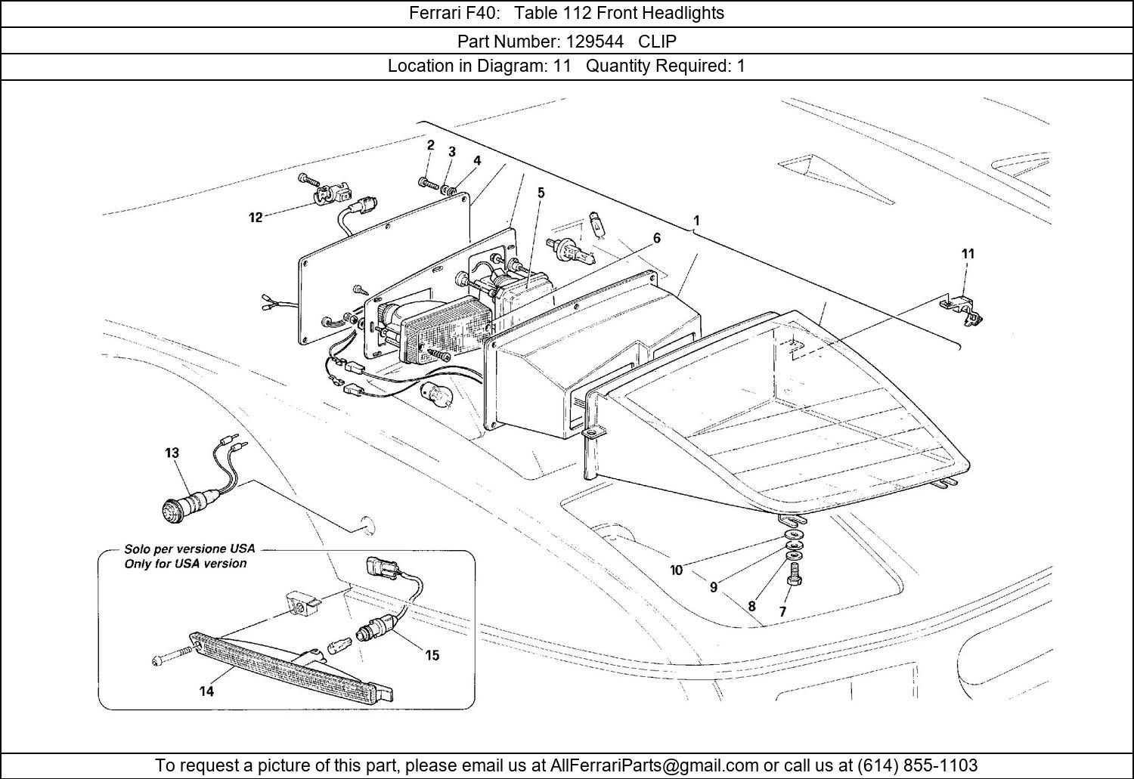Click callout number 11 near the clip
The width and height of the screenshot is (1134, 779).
coord(968,254)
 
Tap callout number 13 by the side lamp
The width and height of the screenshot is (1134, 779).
coord(172,453)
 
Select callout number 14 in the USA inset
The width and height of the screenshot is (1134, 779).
coord(206,691)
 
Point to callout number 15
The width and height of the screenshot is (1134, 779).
coord(432,655)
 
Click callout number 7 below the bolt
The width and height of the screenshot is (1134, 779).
coord(782,611)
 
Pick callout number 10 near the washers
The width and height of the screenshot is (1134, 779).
coord(676,570)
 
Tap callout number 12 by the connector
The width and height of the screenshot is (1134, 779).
coord(256,218)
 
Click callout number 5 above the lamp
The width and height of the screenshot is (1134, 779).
coord(541,193)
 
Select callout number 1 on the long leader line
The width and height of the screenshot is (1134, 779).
coord(696,221)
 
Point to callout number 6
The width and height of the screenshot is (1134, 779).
coord(657,238)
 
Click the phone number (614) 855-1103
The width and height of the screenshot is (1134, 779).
coord(916,765)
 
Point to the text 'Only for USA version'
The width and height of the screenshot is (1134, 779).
coord(185,564)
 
